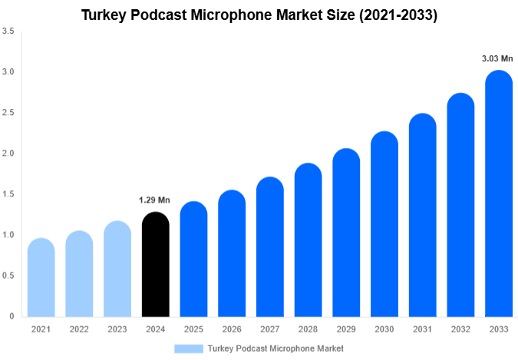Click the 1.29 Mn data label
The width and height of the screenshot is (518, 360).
pos(154,200)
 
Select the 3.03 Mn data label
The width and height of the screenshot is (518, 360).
pos(497,58)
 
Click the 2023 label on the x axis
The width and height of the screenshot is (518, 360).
pos(117,329)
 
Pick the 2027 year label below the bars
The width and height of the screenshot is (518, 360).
pos(270,329)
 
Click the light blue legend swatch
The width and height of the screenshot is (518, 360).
pos(189,348)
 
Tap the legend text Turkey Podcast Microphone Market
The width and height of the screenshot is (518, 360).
pos(275,348)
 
